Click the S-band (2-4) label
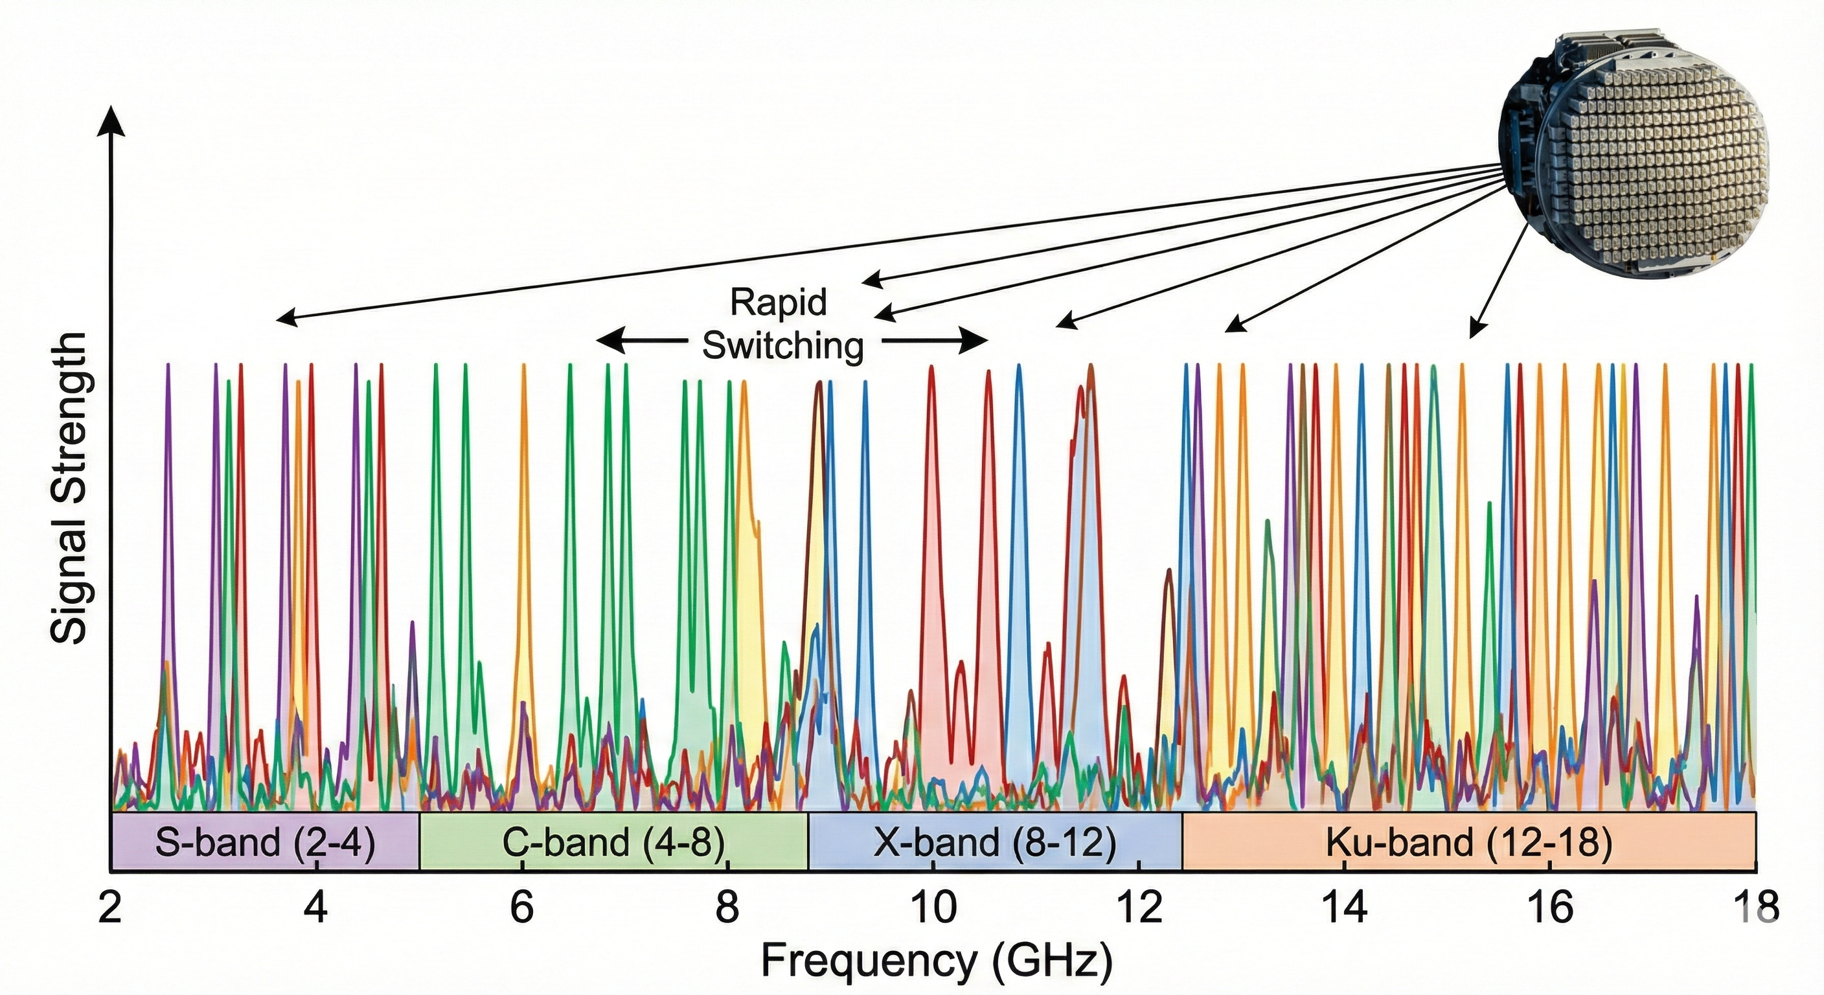coord(265,843)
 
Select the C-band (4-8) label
coord(614,843)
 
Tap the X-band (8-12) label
coord(994,843)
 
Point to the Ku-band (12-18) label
coord(1468,843)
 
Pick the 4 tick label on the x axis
coord(316,907)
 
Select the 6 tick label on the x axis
coord(522,907)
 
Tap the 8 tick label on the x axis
coord(727,907)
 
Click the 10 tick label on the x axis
coord(933,907)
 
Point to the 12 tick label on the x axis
coord(1139,907)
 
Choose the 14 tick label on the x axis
coord(1345,907)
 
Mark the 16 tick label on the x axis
coord(1551,907)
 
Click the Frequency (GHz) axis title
coord(936,961)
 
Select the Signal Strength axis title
coord(69,488)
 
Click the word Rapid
coord(778,303)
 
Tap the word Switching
coord(782,346)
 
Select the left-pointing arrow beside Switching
coord(641,340)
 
